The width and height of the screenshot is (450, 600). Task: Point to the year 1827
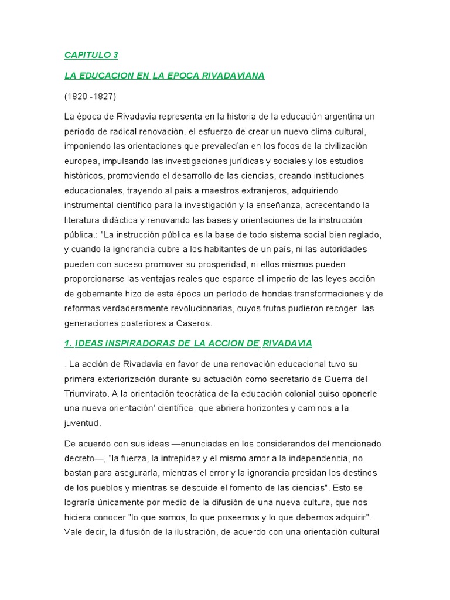104,96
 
